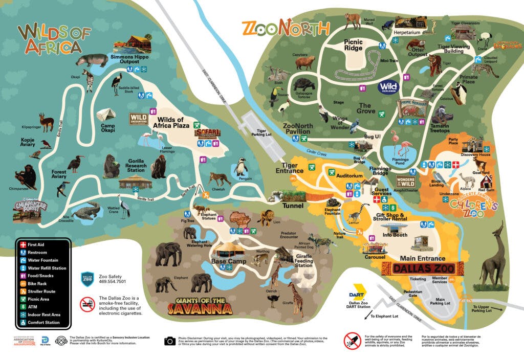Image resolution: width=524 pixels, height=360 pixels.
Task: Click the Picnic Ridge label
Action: [353, 45]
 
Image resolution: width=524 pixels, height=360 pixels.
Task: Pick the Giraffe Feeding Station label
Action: [303, 261]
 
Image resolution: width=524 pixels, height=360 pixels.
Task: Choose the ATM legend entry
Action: [34, 307]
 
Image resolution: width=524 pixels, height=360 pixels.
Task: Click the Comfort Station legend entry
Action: [43, 323]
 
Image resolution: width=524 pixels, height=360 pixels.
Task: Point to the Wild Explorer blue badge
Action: [389, 87]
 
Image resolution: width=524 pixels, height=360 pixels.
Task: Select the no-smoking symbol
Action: [88, 304]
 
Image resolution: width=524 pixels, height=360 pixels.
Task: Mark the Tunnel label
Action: [292, 206]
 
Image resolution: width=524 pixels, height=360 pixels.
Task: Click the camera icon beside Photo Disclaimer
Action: [170, 341]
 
